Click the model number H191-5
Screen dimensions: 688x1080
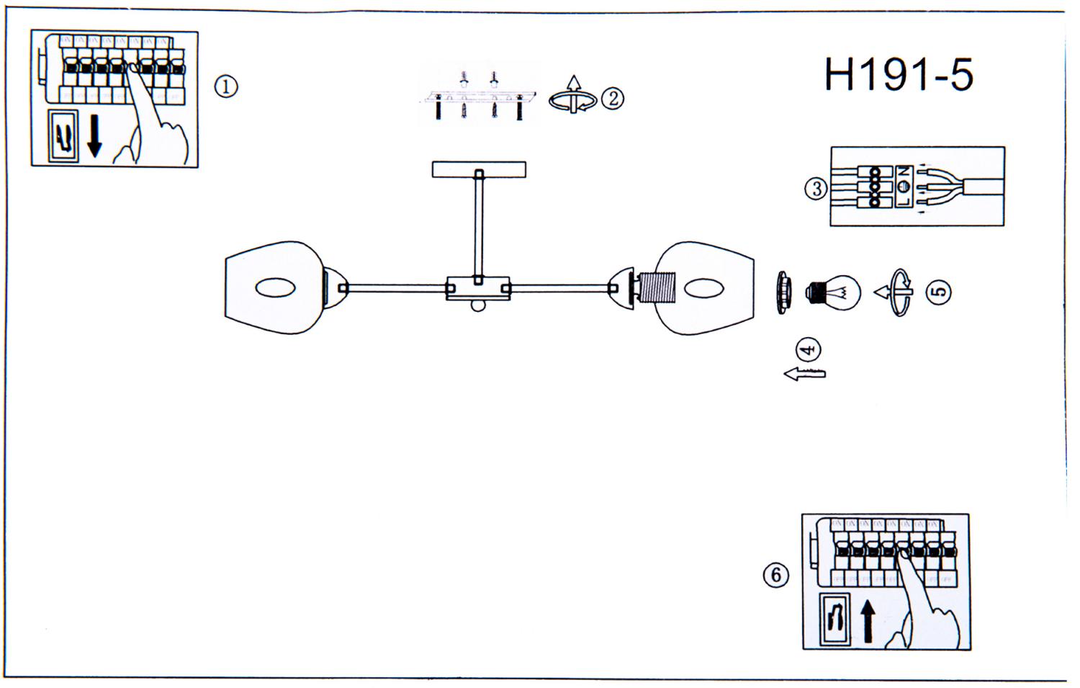point(899,75)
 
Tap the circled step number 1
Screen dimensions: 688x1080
point(225,87)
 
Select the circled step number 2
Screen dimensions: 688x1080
point(613,98)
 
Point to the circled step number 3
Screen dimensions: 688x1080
point(816,189)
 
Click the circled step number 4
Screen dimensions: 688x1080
point(809,350)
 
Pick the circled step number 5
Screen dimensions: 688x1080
point(939,292)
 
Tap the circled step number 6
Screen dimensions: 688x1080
point(775,575)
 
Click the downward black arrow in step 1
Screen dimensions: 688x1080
point(94,138)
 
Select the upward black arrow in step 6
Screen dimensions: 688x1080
point(868,621)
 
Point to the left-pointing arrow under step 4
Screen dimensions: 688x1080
point(804,373)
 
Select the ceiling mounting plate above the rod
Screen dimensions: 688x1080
point(479,170)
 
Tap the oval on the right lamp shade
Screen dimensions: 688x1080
point(703,288)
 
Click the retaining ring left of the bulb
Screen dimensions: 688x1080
point(784,292)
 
